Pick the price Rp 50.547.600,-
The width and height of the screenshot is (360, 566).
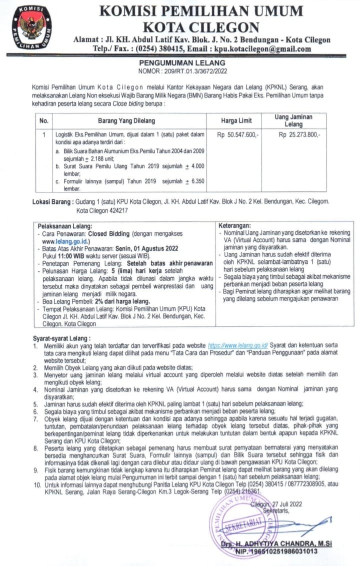(237, 134)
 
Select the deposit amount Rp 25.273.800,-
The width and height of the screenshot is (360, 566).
(300, 134)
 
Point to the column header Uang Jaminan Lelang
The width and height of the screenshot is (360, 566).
(294, 120)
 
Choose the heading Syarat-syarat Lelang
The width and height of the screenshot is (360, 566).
(61, 339)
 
